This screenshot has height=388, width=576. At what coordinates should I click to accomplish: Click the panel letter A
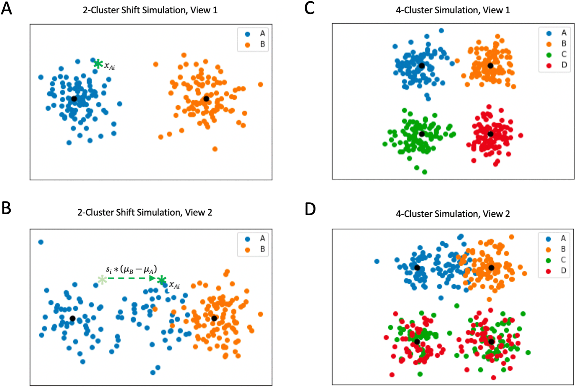7,9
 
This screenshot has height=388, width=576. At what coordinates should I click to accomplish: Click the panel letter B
6,208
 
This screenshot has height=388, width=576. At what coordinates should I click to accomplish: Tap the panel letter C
309,8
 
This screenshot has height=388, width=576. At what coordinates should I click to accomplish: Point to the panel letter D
310,209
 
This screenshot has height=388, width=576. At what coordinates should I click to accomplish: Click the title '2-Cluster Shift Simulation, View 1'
150,10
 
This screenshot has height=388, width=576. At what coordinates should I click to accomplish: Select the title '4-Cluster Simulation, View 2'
453,214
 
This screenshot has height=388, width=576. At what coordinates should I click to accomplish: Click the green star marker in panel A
98,64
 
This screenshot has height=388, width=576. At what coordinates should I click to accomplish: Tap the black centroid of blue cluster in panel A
74,99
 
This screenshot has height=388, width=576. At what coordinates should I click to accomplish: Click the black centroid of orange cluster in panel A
206,99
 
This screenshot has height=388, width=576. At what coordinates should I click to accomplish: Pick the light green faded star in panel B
102,280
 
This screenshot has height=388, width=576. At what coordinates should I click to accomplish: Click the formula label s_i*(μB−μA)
131,269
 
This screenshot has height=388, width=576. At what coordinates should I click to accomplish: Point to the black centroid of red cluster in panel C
490,134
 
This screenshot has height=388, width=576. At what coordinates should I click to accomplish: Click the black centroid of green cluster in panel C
422,134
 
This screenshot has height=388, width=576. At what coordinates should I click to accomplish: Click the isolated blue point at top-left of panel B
41,242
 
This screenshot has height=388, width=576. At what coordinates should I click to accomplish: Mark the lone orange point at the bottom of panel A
215,149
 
